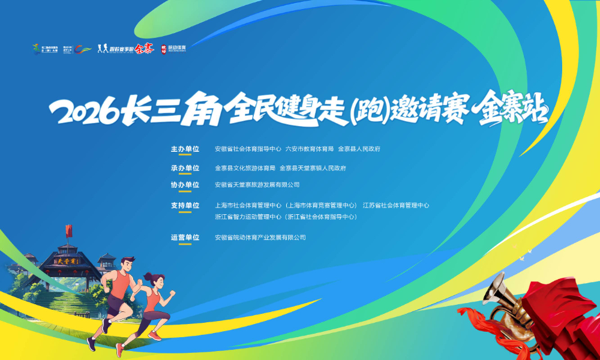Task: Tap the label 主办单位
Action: tap(185, 149)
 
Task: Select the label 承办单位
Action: tap(185, 168)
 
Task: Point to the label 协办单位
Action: tap(185, 185)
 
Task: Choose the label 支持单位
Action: tap(185, 205)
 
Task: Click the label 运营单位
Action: tap(185, 238)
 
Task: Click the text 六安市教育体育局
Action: tap(309, 149)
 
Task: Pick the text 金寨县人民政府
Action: tap(359, 149)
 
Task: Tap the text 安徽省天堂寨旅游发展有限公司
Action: tap(257, 185)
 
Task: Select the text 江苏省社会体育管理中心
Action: tap(395, 205)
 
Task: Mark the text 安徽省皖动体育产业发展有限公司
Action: tap(260, 238)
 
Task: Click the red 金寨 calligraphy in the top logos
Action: tap(144, 49)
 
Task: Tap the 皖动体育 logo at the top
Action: tap(173, 49)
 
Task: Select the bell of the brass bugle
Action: tap(497, 289)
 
